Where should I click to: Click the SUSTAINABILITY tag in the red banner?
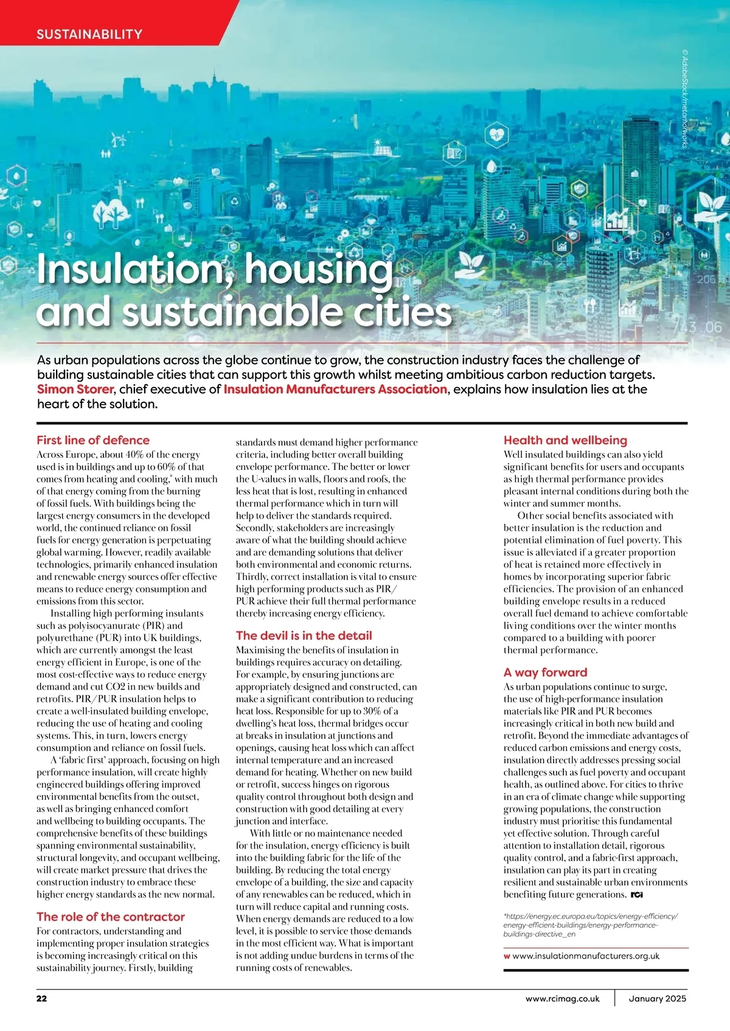coord(89,34)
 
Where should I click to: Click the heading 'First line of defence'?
coord(93,440)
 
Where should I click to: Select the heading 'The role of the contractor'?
coord(110,917)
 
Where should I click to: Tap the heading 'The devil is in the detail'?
coord(304,635)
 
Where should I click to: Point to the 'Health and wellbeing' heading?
coord(565,440)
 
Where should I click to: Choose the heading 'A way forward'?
coord(545,672)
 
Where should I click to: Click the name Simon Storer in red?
coord(75,390)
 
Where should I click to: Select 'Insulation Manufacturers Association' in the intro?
coord(335,390)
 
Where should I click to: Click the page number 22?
coord(41,999)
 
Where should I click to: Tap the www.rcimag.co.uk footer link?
coord(563,999)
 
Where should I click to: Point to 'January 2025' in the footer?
coord(657,999)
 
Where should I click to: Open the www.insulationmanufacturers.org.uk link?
coord(586,956)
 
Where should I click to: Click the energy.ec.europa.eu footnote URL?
coord(590,924)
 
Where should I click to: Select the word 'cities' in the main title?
coord(409,312)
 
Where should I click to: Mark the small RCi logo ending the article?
coord(637,895)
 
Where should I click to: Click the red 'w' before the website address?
coord(507,956)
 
